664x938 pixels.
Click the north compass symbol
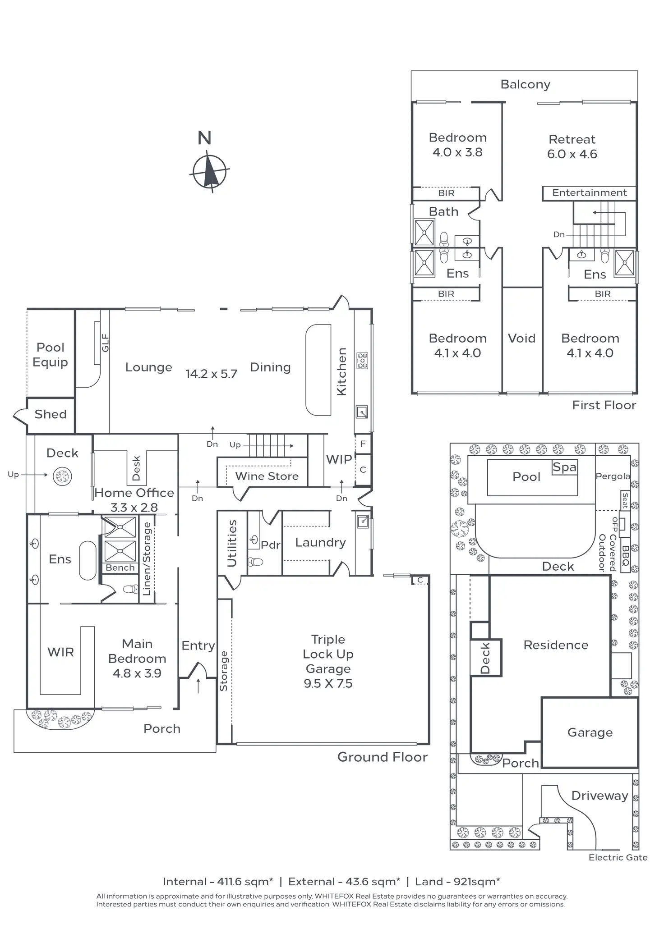click(x=209, y=171)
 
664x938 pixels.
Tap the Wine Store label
click(x=267, y=476)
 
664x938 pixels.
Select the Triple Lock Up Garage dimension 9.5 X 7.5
click(x=328, y=683)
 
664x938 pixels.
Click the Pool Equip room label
click(x=51, y=355)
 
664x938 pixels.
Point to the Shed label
click(x=51, y=414)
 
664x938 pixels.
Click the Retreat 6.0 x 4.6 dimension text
click(x=572, y=154)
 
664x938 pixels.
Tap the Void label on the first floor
click(x=521, y=338)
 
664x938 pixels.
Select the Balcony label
click(x=526, y=85)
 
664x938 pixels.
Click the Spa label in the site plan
click(x=565, y=467)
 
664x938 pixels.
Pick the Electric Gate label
click(x=618, y=857)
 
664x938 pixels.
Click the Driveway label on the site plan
click(x=600, y=796)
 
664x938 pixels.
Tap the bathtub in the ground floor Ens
click(x=88, y=560)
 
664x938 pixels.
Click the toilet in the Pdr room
click(x=256, y=562)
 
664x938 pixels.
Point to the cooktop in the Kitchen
click(x=362, y=361)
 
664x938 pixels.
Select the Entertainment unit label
click(x=590, y=193)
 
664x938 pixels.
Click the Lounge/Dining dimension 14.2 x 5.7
click(x=211, y=374)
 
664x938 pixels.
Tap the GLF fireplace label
click(x=105, y=343)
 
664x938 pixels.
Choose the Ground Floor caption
click(x=383, y=757)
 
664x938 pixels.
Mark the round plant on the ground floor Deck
click(x=62, y=476)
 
